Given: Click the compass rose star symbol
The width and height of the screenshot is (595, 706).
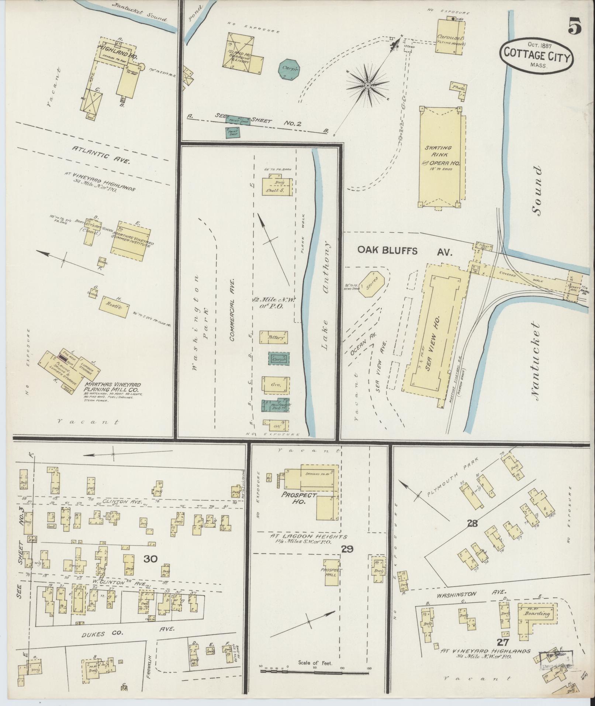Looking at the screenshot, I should pos(367,86).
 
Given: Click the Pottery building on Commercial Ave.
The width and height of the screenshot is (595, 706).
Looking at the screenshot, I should pos(274,337).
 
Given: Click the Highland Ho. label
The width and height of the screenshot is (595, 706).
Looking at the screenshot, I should pos(113,47).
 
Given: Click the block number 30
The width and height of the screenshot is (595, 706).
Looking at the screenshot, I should pos(151,569).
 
